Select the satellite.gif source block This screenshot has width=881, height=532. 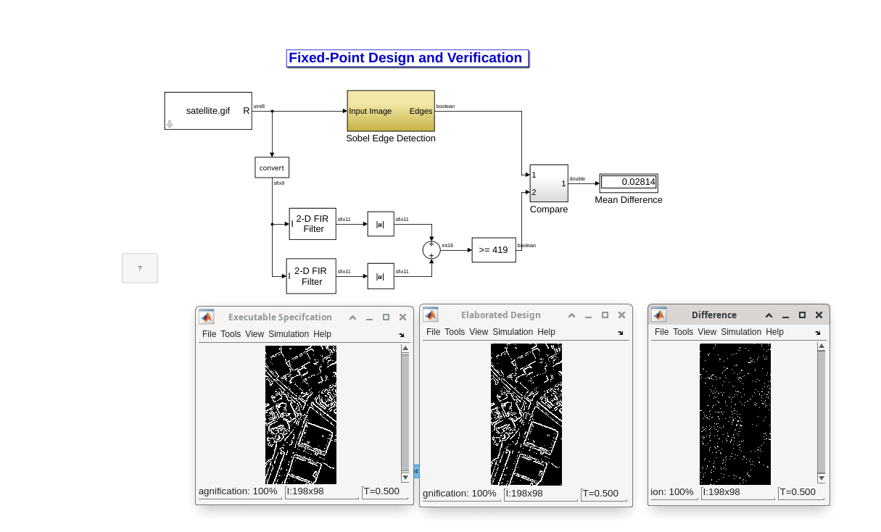click(x=208, y=111)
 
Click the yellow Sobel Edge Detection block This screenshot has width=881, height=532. click(x=390, y=111)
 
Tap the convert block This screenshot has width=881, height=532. click(x=272, y=167)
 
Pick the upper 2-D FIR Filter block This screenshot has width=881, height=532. click(x=313, y=224)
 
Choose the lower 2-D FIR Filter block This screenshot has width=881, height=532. click(x=311, y=276)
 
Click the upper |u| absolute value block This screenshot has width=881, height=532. click(x=381, y=225)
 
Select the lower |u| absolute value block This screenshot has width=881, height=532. click(x=381, y=276)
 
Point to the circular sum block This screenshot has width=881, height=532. click(x=431, y=250)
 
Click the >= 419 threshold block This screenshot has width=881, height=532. click(x=494, y=250)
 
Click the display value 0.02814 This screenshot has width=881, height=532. click(x=628, y=182)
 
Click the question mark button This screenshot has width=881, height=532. click(x=139, y=268)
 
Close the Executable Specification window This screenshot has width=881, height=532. click(x=403, y=317)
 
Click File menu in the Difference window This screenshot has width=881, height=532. click(x=661, y=332)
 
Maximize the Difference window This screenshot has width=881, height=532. click(x=802, y=315)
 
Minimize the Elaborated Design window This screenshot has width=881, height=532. click(x=588, y=315)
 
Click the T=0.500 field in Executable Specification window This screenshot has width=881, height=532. click(x=381, y=491)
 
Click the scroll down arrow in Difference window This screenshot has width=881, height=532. click(x=821, y=478)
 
